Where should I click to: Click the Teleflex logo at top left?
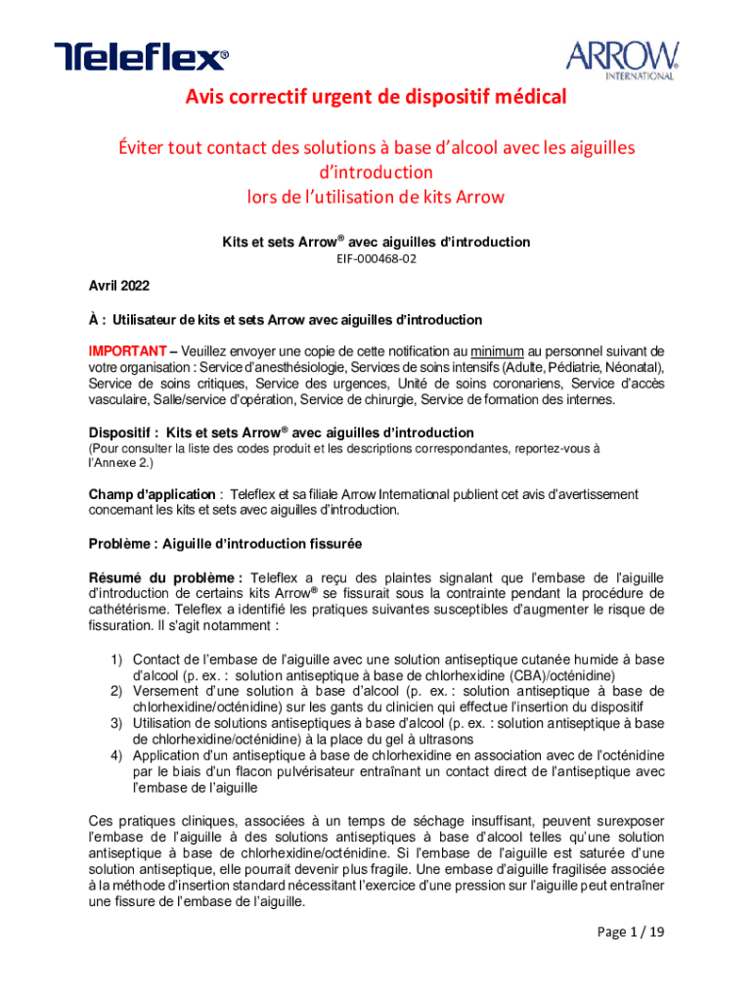(141, 57)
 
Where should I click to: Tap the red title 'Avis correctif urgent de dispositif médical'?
(376, 98)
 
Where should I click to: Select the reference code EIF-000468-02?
(376, 261)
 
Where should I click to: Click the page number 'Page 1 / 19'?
(631, 932)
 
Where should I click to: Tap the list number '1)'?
(116, 660)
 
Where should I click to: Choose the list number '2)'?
(116, 691)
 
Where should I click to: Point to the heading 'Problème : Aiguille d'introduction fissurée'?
(223, 543)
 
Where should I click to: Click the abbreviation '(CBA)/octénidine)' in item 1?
(560, 675)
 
